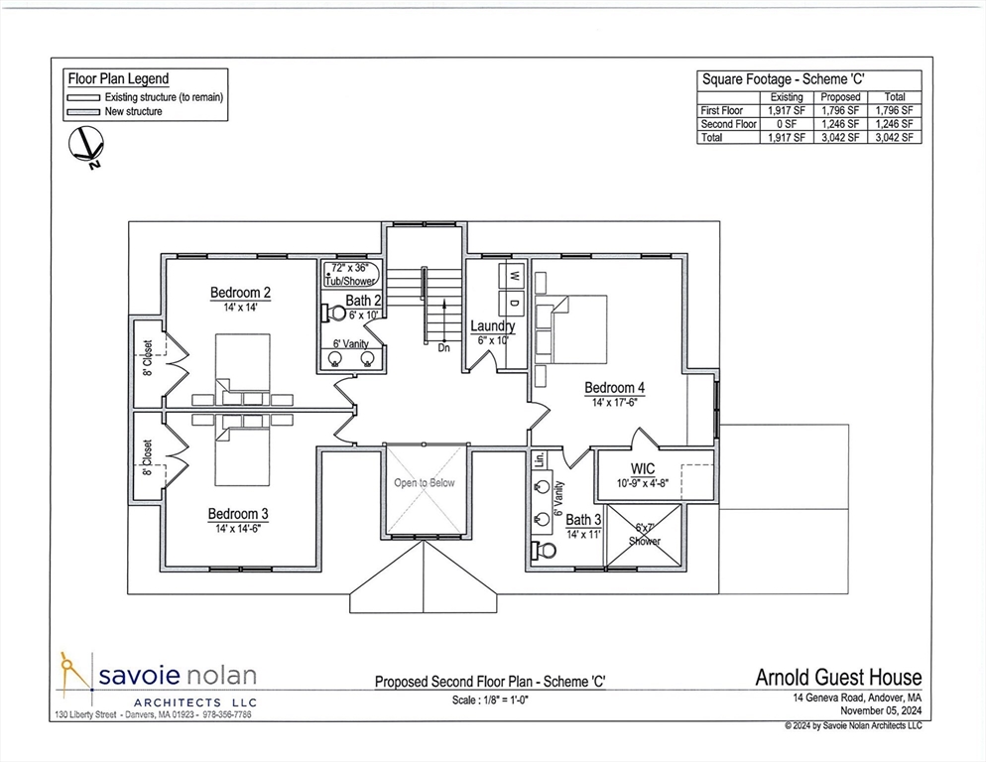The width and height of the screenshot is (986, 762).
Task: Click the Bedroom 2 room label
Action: coord(240,293)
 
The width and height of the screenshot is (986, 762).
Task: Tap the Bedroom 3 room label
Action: coord(237,514)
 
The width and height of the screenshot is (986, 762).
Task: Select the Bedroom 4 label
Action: coord(614,387)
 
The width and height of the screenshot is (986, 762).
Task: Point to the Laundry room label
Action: coord(492,326)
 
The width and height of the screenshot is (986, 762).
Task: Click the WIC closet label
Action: coord(644,468)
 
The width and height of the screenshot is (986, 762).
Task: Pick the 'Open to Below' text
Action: coord(425,483)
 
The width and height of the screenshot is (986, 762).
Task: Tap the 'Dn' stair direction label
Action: coord(443,348)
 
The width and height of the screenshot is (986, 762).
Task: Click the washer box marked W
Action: coord(515,273)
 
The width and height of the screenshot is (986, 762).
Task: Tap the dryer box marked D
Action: coord(515,301)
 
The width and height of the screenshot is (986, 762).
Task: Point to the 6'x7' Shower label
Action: coord(646,535)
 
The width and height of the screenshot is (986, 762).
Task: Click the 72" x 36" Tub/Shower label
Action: coord(352,275)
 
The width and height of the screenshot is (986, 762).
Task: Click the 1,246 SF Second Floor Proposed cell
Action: coord(840,124)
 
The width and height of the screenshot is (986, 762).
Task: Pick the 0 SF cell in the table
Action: coord(787,124)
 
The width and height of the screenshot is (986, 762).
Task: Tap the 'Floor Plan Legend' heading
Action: coord(117,78)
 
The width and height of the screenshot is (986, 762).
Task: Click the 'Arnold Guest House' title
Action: coord(838,679)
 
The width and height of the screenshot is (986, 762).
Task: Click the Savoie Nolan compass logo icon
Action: coord(74,677)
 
